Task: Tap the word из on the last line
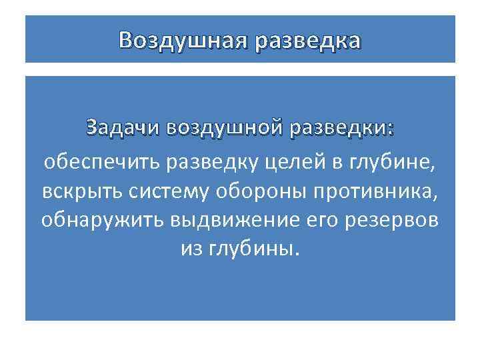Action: pyautogui.click(x=191, y=249)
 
